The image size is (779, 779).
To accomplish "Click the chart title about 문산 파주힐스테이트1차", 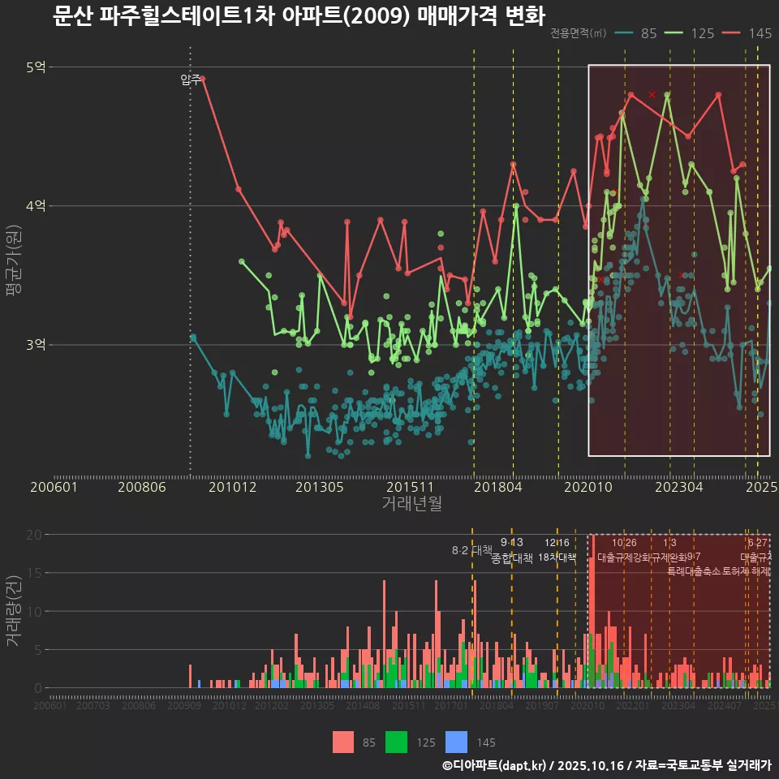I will (299, 15).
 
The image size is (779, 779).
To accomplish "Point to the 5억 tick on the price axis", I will (36, 67).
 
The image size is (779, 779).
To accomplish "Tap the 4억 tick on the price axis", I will (36, 206).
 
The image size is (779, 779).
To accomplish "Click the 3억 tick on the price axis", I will (36, 345).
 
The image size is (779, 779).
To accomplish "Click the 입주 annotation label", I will (190, 80).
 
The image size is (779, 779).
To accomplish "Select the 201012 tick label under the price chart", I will (233, 488).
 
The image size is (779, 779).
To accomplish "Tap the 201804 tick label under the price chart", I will (497, 488).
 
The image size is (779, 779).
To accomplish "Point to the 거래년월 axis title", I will (411, 504).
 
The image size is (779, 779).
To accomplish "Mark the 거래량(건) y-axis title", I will (14, 612).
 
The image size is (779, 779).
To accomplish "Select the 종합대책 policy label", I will (512, 558).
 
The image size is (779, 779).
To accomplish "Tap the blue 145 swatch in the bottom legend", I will (458, 742).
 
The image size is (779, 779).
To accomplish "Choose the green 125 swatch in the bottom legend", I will (397, 742).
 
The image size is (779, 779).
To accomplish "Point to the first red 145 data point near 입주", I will (203, 79).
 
